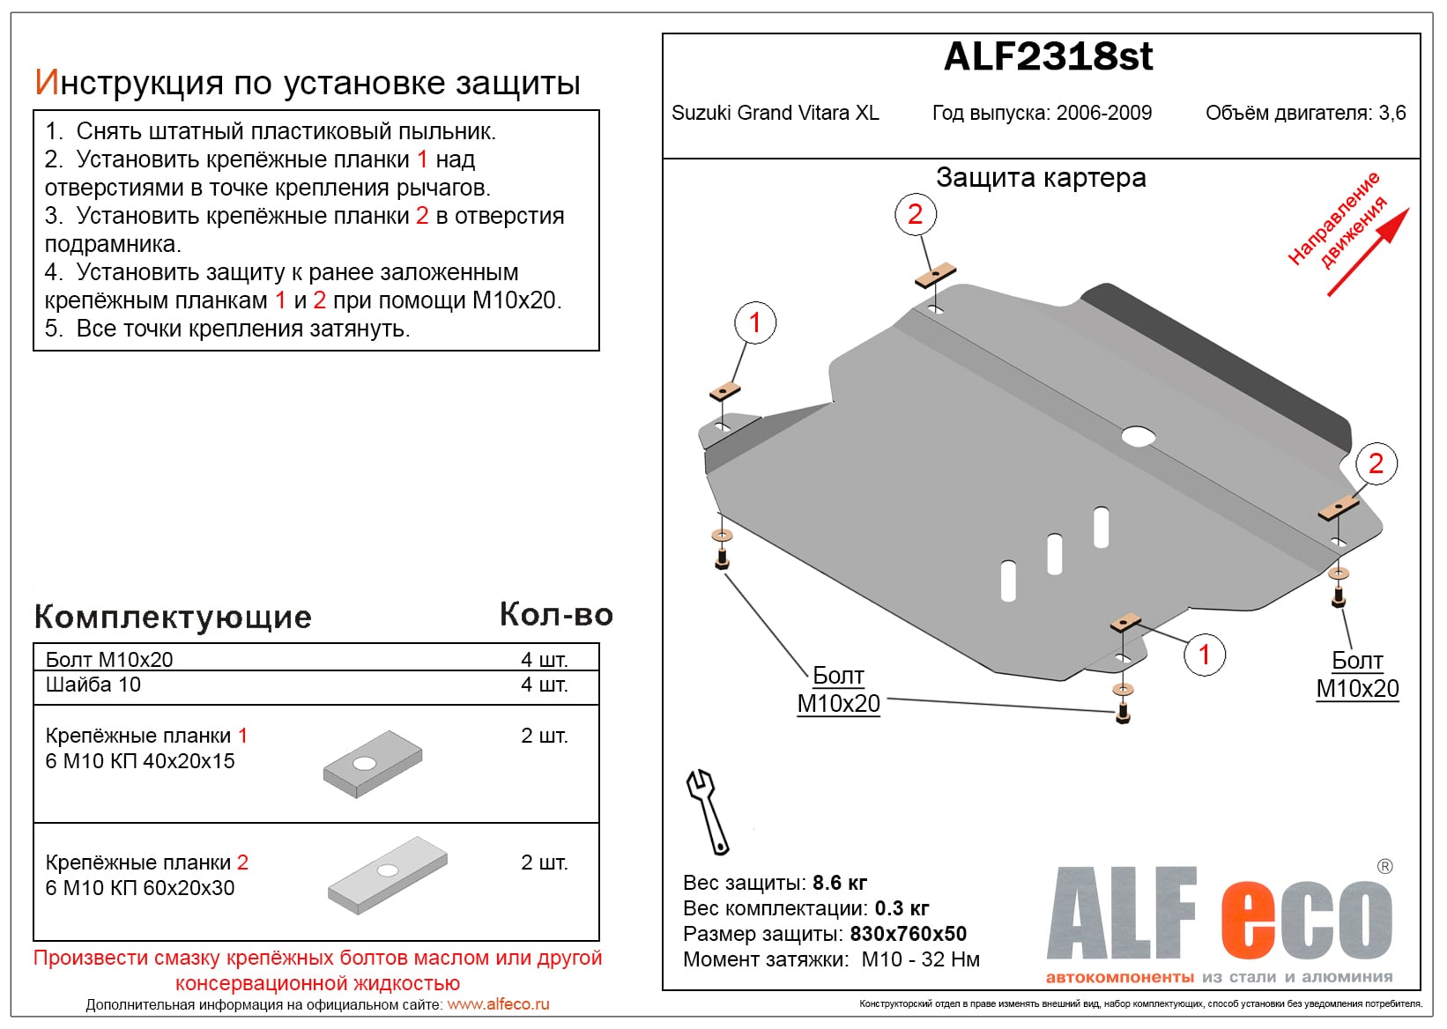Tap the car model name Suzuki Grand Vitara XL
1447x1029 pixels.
pos(775,114)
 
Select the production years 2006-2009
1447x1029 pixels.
pos(1103,114)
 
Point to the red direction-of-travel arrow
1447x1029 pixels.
pos(1369,250)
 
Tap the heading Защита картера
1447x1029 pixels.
pos(1041,178)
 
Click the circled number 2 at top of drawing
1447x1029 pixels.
pos(915,214)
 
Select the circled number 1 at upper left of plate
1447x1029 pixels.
pos(754,322)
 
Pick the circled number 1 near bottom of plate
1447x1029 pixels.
pos(1204,655)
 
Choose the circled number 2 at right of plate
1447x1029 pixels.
pos(1375,463)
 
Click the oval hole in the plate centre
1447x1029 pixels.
pos(1138,436)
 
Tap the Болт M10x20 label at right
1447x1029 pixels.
pos(1357,675)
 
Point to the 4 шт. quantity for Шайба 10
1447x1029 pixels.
pos(544,685)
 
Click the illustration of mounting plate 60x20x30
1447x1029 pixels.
pos(388,875)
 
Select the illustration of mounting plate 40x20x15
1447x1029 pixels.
pos(373,764)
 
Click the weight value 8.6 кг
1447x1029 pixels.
pos(839,883)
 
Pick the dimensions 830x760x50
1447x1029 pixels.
pos(908,934)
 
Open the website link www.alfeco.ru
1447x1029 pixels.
pos(498,1004)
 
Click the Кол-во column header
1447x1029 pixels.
pos(556,615)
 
